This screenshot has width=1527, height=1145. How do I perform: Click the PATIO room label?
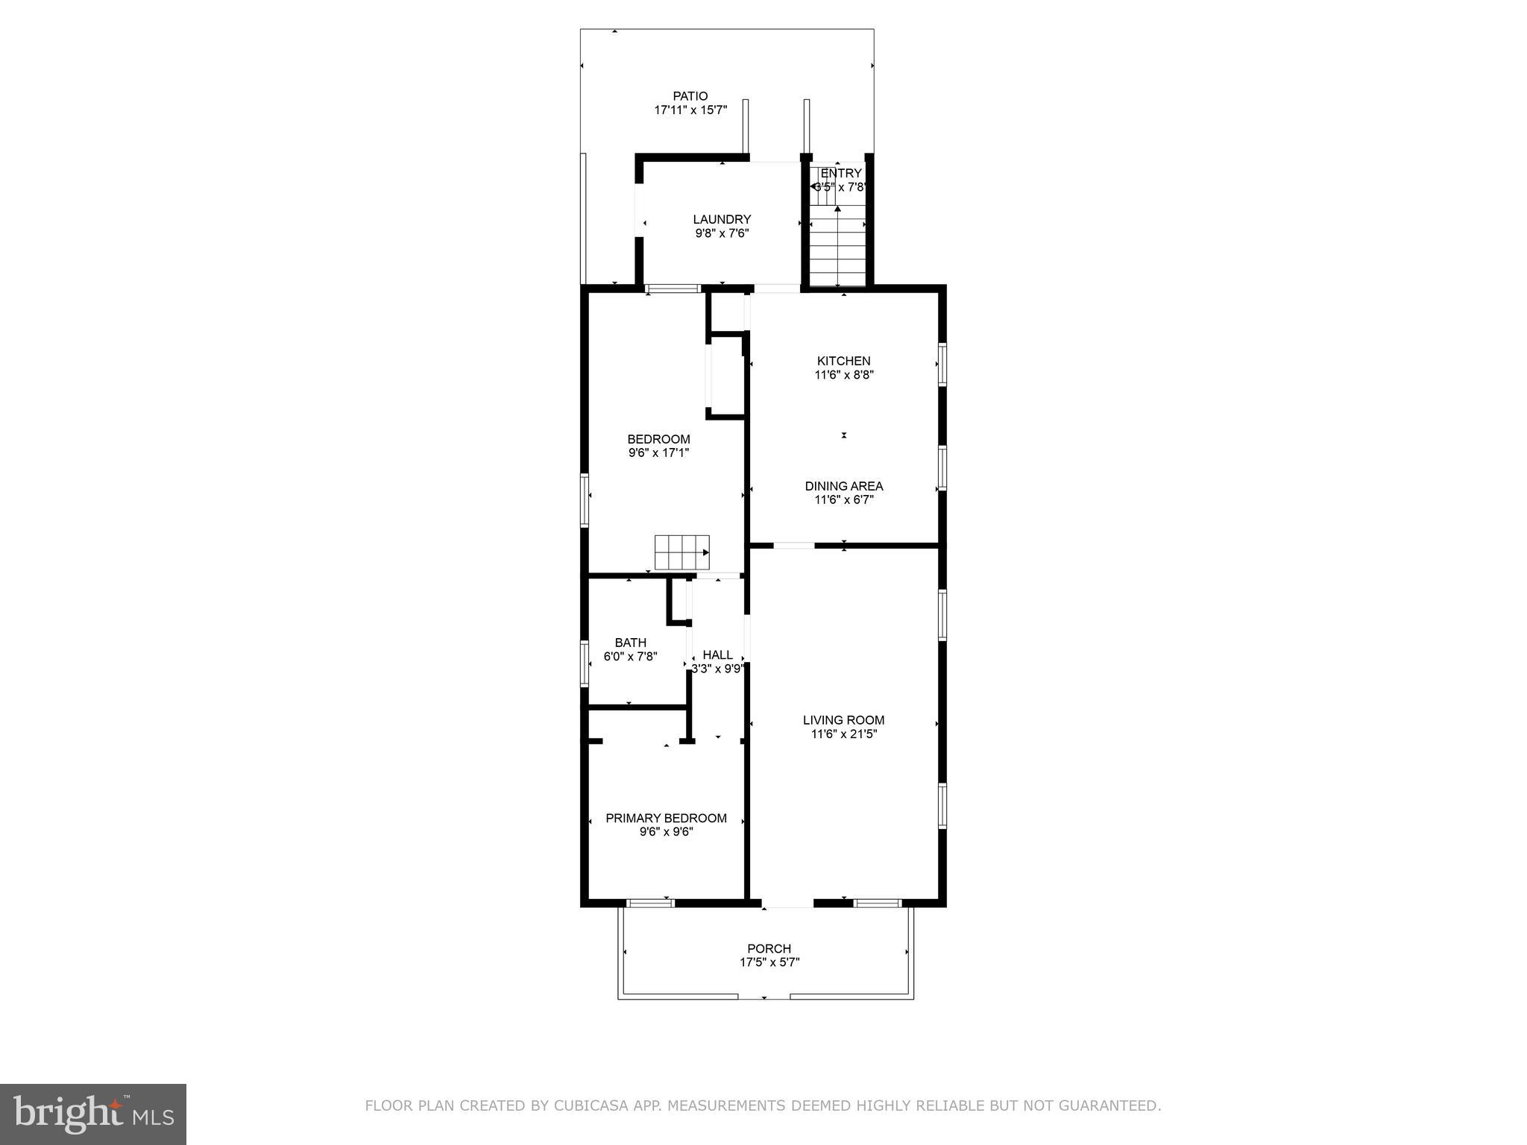[x=690, y=96]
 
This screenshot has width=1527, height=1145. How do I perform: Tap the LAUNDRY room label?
[x=722, y=219]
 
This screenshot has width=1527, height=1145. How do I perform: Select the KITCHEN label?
[x=843, y=361]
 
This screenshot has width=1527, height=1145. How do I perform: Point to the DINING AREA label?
[x=843, y=486]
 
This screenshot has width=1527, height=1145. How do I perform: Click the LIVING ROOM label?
[x=843, y=720]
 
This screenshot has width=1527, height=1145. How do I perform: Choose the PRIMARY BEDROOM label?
[x=666, y=818]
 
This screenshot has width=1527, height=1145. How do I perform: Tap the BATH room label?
[x=630, y=643]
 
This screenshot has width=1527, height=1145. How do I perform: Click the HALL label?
[x=717, y=654]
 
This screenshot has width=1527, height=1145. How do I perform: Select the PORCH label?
[x=769, y=949]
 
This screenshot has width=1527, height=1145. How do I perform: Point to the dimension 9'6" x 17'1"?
[x=658, y=452]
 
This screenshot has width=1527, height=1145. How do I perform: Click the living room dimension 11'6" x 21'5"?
[x=843, y=734]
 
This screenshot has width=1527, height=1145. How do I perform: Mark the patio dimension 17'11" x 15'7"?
[x=690, y=110]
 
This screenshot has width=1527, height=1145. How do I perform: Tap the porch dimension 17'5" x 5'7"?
[x=769, y=962]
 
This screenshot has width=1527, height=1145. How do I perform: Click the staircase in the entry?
[x=837, y=246]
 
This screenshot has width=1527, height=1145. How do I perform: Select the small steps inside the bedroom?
[x=681, y=552]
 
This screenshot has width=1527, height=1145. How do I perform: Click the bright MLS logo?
[x=93, y=1114]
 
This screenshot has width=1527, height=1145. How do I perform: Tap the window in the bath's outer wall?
[x=585, y=663]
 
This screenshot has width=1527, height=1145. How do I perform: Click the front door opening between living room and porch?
[x=788, y=903]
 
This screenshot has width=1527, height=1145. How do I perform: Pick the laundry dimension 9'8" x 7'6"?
[x=722, y=233]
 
